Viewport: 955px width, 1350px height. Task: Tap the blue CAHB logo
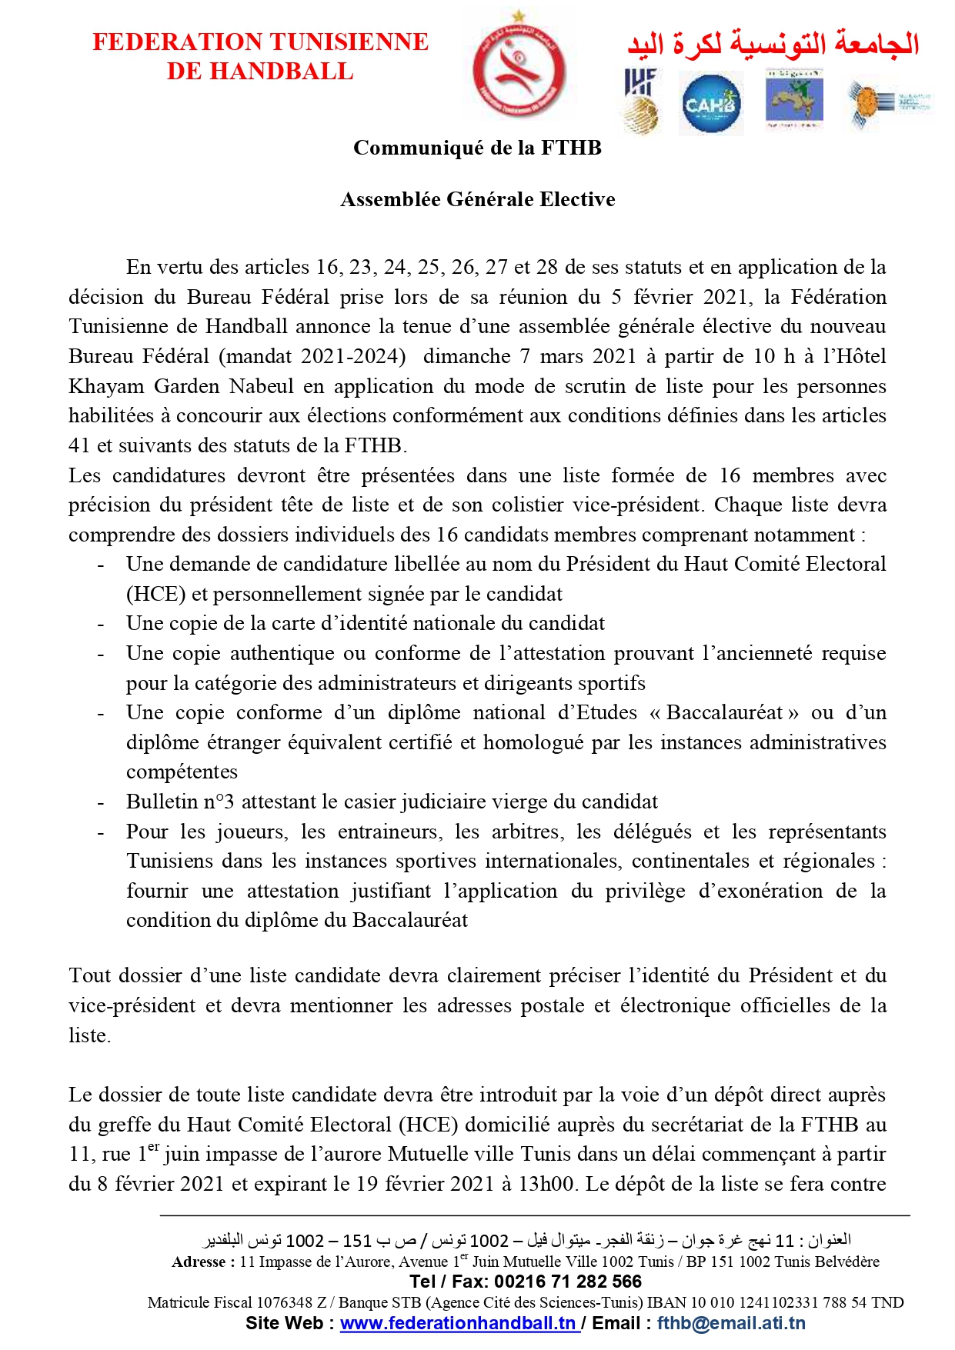[x=710, y=103]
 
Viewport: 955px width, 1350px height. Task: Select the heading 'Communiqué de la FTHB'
[x=477, y=148]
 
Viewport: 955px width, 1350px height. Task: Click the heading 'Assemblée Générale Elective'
[x=477, y=199]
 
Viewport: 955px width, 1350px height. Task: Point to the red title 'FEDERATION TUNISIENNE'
[x=260, y=42]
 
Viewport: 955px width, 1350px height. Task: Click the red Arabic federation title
[x=773, y=43]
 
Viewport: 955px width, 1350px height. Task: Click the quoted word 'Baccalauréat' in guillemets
[x=724, y=712]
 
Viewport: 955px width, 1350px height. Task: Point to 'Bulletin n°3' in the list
[x=180, y=802]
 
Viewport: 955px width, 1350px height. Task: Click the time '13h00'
[x=546, y=1183]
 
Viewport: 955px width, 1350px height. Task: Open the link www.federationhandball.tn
[x=459, y=1323]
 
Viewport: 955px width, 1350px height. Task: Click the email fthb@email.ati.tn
[x=731, y=1323]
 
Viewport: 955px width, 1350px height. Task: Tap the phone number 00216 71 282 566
[x=568, y=1282]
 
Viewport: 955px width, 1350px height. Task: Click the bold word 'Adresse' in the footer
[x=198, y=1262]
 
